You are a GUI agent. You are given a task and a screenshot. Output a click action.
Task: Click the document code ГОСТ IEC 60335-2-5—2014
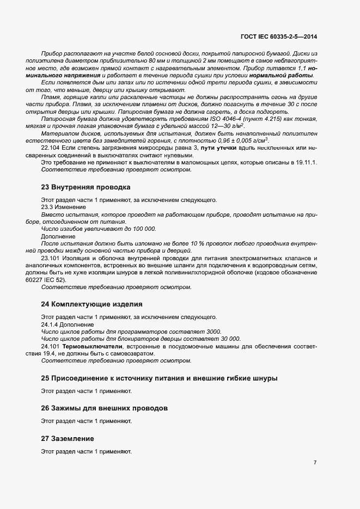tap(278, 36)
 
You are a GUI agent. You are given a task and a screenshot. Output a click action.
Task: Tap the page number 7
tap(315, 463)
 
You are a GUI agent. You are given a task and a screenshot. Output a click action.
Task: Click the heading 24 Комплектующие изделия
tap(91, 304)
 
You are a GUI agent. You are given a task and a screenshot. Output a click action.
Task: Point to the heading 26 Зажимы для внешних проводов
tap(104, 408)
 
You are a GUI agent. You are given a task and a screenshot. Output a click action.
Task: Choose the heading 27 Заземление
tap(68, 438)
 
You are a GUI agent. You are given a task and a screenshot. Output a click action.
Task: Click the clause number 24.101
tap(51, 346)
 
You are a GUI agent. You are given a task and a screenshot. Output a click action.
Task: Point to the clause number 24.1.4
tap(50, 324)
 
